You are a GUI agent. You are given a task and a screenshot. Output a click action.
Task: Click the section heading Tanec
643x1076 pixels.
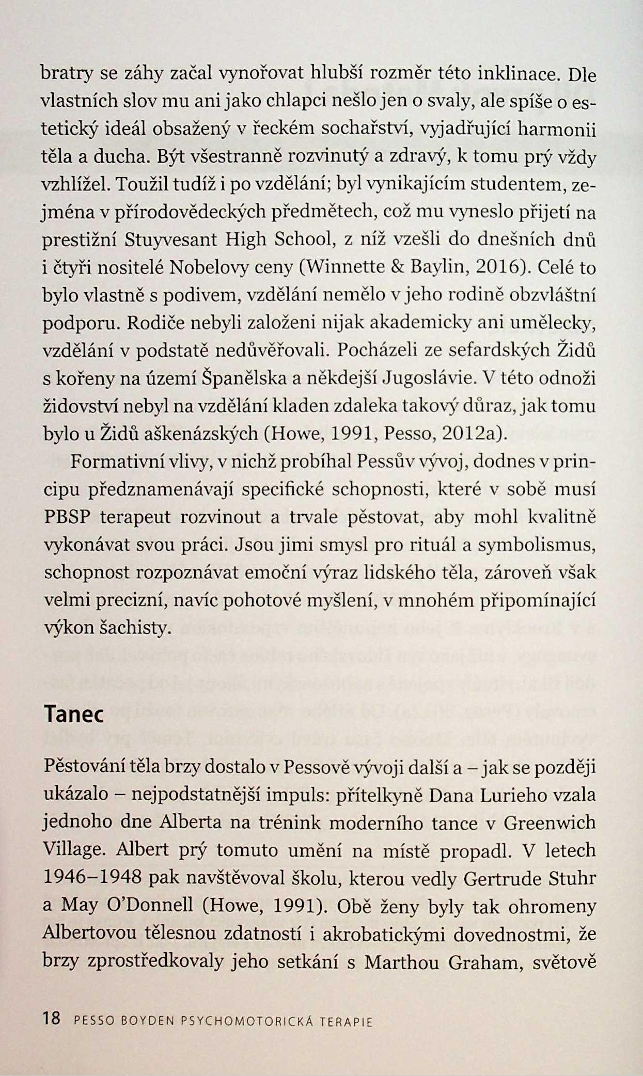74,714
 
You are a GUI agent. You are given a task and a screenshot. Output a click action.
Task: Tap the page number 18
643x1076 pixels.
52,1019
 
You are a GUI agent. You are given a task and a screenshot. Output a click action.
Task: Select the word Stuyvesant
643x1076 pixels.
174,240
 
